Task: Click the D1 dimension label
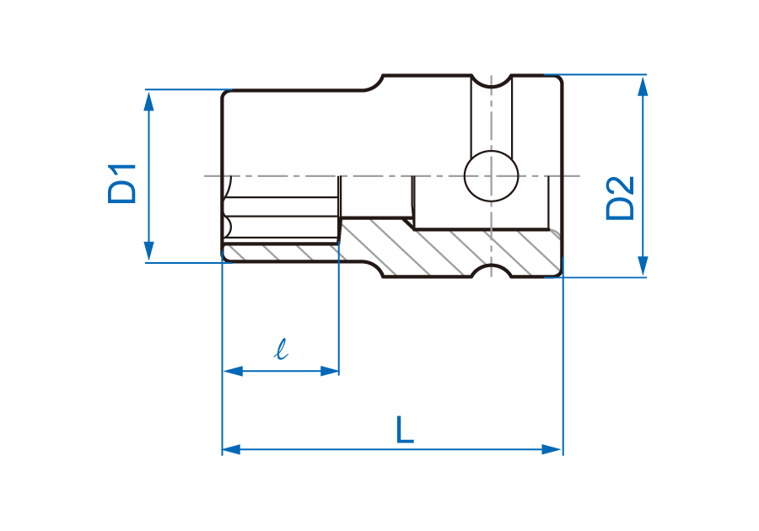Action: tap(121, 184)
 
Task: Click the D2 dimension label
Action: tap(620, 198)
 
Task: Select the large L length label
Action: tap(405, 429)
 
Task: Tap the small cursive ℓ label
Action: tap(281, 349)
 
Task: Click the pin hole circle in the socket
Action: tap(492, 175)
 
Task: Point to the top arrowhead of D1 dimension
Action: tap(149, 100)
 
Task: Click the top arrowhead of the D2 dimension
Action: tap(643, 86)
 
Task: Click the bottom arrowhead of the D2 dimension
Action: tap(643, 266)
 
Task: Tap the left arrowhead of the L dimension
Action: tap(232, 449)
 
